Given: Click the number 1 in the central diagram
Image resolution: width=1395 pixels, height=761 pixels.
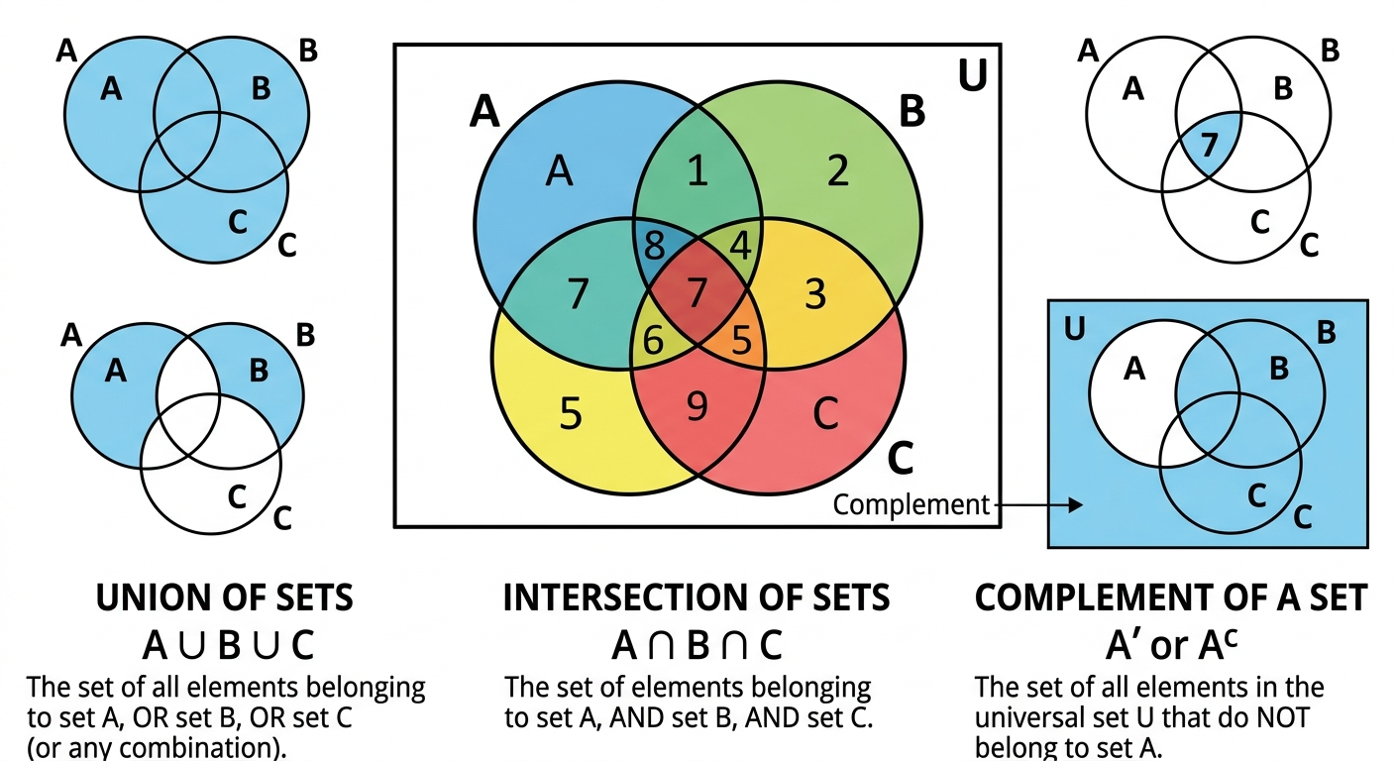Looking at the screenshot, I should [x=697, y=173].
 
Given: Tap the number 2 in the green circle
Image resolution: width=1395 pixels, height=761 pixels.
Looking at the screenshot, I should [x=838, y=173].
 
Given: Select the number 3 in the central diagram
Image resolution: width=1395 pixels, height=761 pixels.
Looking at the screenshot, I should [x=814, y=294].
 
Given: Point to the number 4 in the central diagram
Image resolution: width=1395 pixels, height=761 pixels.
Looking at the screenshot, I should [x=739, y=245].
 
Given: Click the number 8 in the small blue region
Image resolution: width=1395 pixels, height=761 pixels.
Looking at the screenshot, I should [x=654, y=245].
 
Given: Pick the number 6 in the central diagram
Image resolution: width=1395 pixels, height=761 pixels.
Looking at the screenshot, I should [x=653, y=340].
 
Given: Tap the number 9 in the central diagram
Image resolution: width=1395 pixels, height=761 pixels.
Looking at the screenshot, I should [x=697, y=406].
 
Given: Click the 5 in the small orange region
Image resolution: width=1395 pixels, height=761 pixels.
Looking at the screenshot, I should [x=740, y=340].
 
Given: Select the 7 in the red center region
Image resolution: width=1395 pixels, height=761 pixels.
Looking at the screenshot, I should [x=697, y=294].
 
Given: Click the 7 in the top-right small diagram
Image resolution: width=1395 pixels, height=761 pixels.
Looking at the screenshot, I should [x=1207, y=146].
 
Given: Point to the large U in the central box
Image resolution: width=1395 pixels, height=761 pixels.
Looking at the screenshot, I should [x=972, y=77].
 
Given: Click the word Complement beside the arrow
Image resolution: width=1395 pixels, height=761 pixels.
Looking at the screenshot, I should [x=911, y=505].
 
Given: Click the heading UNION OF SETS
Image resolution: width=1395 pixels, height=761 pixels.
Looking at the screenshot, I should [x=224, y=598].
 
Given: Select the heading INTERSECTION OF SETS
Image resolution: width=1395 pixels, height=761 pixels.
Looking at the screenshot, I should [x=697, y=598].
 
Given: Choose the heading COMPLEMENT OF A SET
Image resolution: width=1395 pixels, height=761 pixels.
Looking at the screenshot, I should [x=1171, y=598].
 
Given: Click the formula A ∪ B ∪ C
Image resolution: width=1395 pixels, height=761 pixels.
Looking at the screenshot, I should [x=228, y=646].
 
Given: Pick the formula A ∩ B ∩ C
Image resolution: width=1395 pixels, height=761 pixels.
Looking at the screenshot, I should [x=697, y=646].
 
